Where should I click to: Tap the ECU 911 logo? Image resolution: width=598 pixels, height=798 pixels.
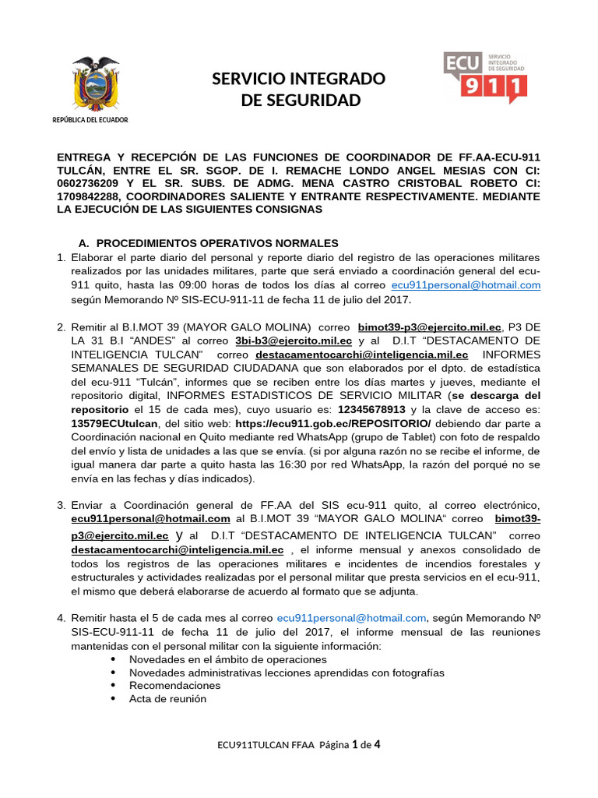tap(484, 76)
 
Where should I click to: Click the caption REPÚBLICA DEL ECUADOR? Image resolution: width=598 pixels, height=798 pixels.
tap(90, 120)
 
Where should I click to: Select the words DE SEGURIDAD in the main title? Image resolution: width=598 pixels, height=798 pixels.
tap(300, 101)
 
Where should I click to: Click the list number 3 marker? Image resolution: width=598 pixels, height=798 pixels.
tap(61, 505)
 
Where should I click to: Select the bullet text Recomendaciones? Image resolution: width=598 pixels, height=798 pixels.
tap(174, 685)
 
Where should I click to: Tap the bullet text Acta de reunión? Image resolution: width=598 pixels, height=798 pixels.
tap(167, 699)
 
